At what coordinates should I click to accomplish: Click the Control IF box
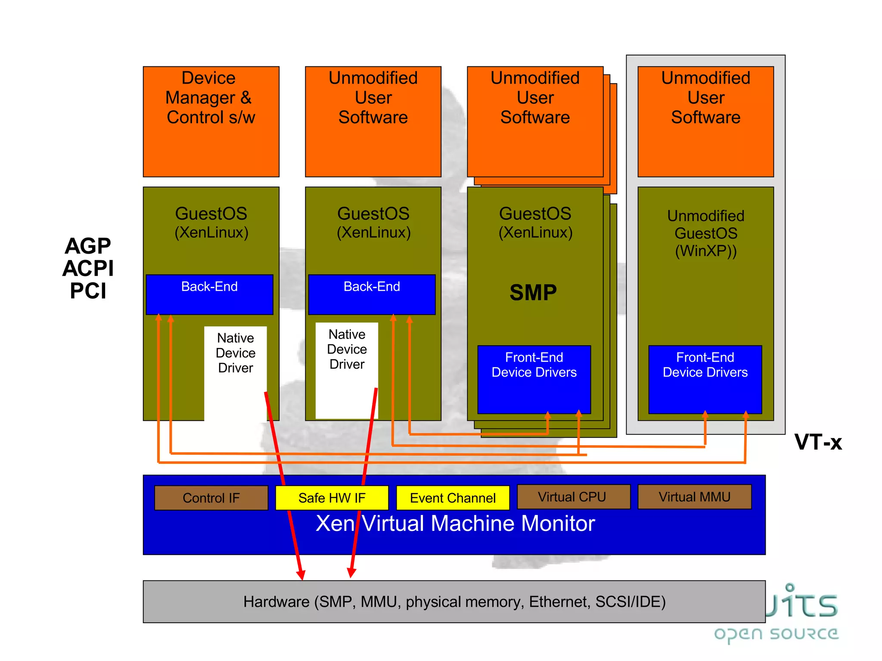(211, 498)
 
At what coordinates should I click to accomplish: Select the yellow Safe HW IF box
(332, 498)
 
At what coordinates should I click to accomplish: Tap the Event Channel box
(453, 498)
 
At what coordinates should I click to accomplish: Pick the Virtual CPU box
(573, 497)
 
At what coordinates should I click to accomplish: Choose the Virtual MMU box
(694, 497)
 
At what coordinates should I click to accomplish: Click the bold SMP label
(533, 293)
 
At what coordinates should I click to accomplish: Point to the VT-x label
(818, 442)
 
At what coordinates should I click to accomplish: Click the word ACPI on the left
(88, 268)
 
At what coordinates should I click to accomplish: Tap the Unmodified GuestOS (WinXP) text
(705, 233)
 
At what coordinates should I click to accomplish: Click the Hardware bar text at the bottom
(454, 602)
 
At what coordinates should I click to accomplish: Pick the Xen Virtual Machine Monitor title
(455, 524)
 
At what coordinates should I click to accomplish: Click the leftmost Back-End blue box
(210, 294)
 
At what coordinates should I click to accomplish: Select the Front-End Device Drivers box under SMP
(534, 379)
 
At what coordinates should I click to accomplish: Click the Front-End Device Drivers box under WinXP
(705, 379)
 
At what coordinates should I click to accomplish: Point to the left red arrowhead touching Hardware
(301, 575)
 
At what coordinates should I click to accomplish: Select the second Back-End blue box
(372, 294)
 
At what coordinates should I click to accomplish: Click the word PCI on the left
(88, 291)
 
